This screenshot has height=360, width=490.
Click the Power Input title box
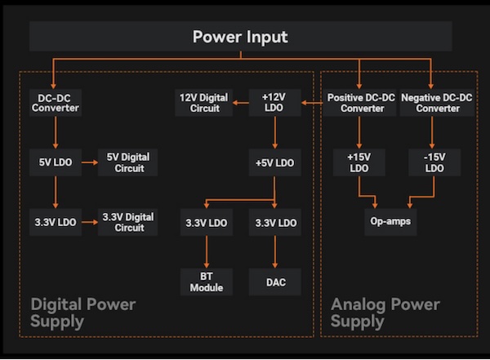coord(240,37)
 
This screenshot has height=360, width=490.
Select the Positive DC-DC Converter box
coord(360,103)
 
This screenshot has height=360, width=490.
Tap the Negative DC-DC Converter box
coord(436,103)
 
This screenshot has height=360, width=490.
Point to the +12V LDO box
coord(274,103)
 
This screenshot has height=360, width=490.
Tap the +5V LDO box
coord(274,162)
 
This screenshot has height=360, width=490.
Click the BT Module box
coord(206,282)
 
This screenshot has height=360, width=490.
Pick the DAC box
coord(274,282)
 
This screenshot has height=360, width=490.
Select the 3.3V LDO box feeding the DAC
coord(274,222)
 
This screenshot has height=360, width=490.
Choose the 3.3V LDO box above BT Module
coord(206,222)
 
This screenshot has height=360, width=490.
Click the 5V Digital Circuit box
coord(127,162)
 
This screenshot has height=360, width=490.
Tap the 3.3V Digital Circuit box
coord(127,222)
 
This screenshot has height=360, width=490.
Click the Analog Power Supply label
coord(385,313)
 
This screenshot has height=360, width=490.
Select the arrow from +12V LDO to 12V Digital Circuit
coord(240,103)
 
